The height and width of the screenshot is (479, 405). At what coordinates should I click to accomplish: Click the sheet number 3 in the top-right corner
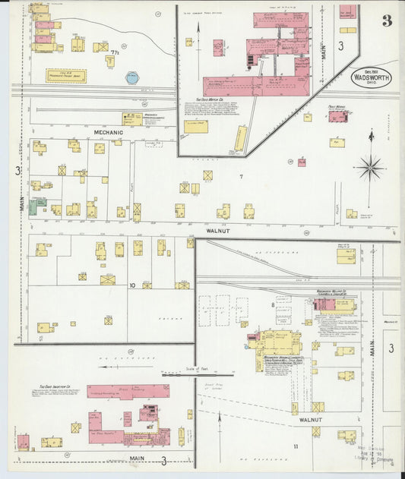(387, 20)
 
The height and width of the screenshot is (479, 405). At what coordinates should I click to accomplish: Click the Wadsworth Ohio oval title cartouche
(370, 77)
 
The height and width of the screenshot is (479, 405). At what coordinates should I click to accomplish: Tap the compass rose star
(371, 166)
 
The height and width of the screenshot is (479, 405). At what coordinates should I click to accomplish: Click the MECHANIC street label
(108, 131)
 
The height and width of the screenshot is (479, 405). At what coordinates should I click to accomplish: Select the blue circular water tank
(132, 77)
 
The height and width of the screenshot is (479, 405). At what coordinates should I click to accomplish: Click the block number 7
(241, 177)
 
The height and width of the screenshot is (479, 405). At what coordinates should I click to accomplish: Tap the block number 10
(131, 285)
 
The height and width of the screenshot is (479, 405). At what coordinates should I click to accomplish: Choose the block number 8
(272, 304)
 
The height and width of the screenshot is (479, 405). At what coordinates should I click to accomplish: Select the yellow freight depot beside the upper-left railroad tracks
(66, 75)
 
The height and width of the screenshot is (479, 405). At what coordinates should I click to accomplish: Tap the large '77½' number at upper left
(115, 52)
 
